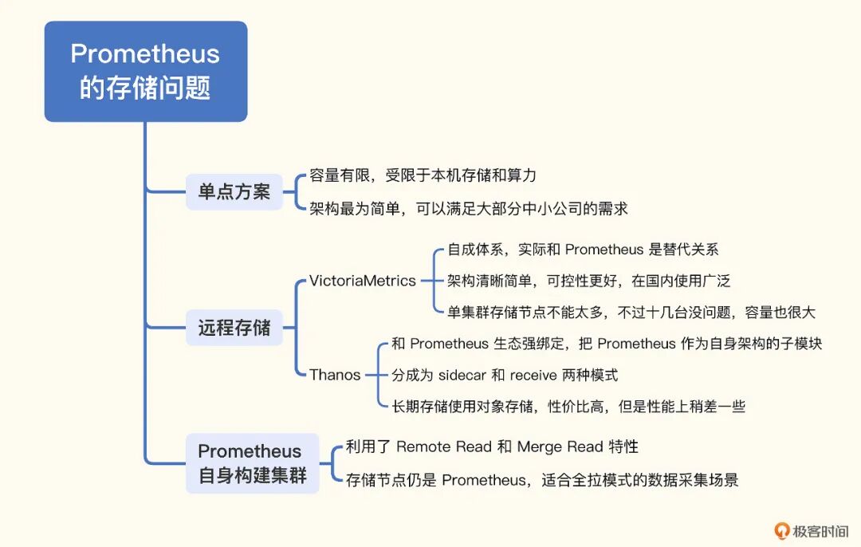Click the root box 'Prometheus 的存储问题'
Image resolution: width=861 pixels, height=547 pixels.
145,71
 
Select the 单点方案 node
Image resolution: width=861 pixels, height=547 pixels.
234,192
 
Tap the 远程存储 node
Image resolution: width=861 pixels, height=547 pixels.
234,328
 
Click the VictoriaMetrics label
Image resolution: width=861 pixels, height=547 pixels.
363,281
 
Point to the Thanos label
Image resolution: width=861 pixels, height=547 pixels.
335,375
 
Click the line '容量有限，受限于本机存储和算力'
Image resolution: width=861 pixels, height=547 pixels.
423,175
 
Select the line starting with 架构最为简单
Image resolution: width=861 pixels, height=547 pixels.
469,209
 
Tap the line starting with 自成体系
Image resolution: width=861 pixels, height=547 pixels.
583,250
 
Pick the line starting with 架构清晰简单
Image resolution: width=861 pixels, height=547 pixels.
588,281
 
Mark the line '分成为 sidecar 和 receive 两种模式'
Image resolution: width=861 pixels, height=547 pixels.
505,375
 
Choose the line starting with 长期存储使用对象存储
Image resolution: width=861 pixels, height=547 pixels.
568,407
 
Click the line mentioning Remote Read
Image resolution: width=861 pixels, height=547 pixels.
492,447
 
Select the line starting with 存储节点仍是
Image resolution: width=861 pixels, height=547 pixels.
542,480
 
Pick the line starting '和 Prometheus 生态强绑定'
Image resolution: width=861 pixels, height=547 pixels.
607,344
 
